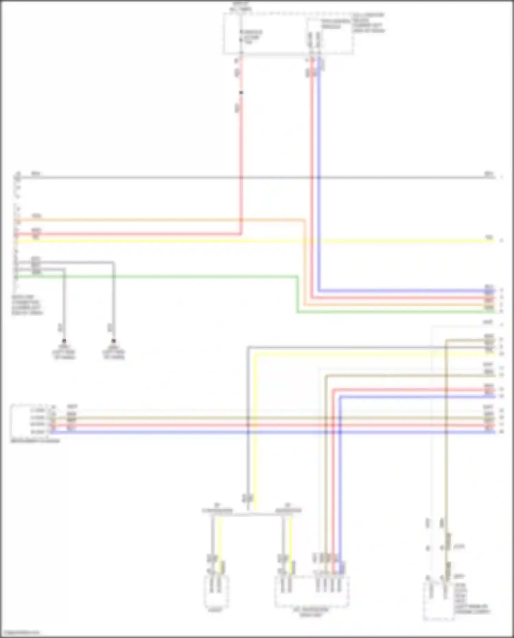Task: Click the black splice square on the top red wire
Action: click(241, 93)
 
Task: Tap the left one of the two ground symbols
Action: click(64, 341)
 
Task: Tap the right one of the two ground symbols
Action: click(114, 341)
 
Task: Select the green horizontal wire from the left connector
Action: click(154, 276)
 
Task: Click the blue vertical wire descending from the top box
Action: click(319, 171)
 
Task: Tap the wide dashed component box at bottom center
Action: click(312, 591)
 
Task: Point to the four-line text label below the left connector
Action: click(27, 305)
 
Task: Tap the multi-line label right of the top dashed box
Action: click(368, 23)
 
